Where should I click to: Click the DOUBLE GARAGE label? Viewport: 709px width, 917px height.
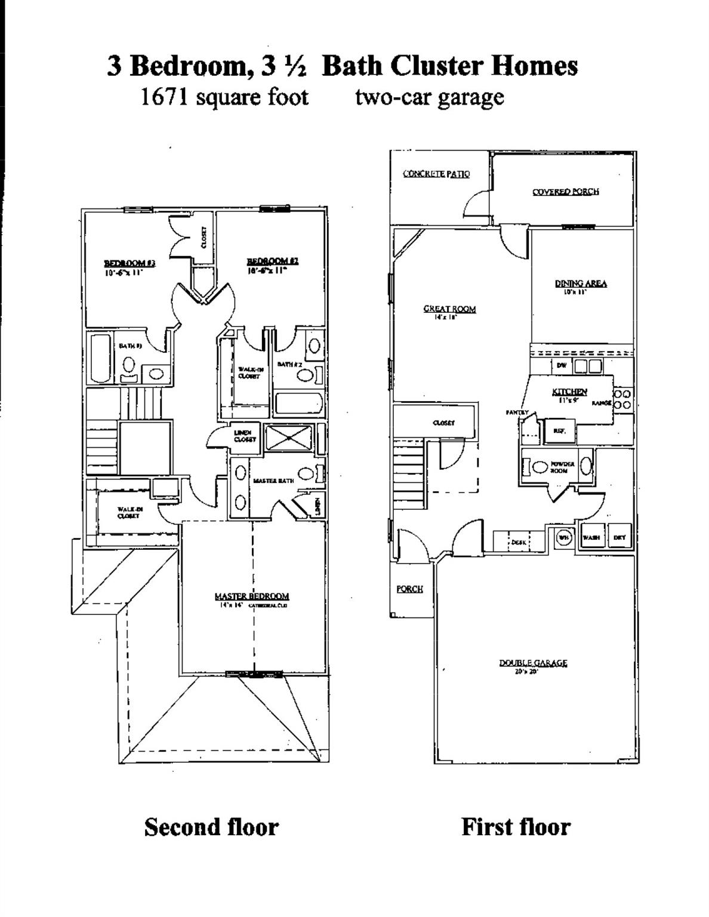coord(533,663)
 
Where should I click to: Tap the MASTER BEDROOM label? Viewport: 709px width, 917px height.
coord(252,596)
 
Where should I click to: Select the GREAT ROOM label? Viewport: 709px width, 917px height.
coord(449,309)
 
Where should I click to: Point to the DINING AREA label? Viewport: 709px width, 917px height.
coord(581,284)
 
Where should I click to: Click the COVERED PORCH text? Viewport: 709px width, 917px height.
coord(565,192)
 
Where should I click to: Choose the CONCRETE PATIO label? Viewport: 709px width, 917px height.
coord(436,174)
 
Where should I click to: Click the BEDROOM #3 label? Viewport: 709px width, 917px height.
coord(130,263)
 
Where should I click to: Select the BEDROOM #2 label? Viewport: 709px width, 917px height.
coord(273,261)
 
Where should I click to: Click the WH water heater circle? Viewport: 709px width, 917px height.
coord(563,537)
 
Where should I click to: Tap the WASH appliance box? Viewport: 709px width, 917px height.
coord(591,537)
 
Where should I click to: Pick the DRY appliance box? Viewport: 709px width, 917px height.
coord(619,537)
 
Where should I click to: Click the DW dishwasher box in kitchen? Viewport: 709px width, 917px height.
coord(562,365)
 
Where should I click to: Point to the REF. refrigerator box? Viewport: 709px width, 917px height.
coord(559,430)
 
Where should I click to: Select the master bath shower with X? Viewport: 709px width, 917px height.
coord(289,437)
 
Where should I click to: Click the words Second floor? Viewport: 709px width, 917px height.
coord(211,827)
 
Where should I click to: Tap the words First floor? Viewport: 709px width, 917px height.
coord(516,827)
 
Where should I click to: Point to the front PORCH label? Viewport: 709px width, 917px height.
coord(409,589)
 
